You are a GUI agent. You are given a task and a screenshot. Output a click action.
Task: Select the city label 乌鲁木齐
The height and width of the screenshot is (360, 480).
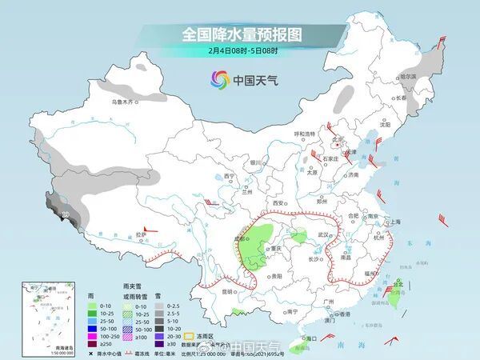(x=124, y=102)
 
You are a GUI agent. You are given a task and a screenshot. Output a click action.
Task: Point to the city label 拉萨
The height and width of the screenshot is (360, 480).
(x=141, y=234)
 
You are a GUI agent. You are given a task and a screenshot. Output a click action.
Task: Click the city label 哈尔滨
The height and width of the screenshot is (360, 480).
(x=409, y=76)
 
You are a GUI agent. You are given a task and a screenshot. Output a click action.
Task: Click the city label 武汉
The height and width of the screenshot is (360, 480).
(x=324, y=234)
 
